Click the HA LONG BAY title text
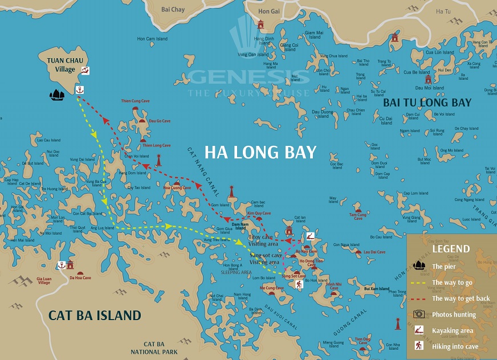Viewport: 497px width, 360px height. (x=260, y=153)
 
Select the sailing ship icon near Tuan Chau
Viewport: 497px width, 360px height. (x=57, y=95)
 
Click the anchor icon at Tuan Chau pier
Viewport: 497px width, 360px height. (x=80, y=90)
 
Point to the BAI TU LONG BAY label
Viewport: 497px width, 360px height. (x=427, y=103)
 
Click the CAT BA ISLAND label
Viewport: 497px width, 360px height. (x=95, y=315)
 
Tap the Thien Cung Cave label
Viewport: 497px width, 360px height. (x=135, y=101)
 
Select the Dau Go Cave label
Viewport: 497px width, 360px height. (x=160, y=121)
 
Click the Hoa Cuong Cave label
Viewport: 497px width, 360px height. (x=177, y=187)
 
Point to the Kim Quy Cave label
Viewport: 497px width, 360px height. (x=259, y=212)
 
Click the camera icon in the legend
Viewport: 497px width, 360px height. (x=419, y=314)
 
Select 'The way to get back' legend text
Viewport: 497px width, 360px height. (x=461, y=298)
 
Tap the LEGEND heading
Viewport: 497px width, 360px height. (x=451, y=249)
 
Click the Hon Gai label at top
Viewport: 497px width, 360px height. (x=268, y=11)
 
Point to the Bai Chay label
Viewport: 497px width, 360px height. (x=173, y=10)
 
